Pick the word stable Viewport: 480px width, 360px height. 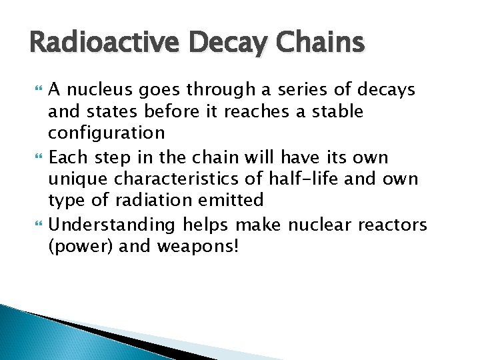[x=339, y=111]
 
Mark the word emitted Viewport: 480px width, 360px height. [x=236, y=200]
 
